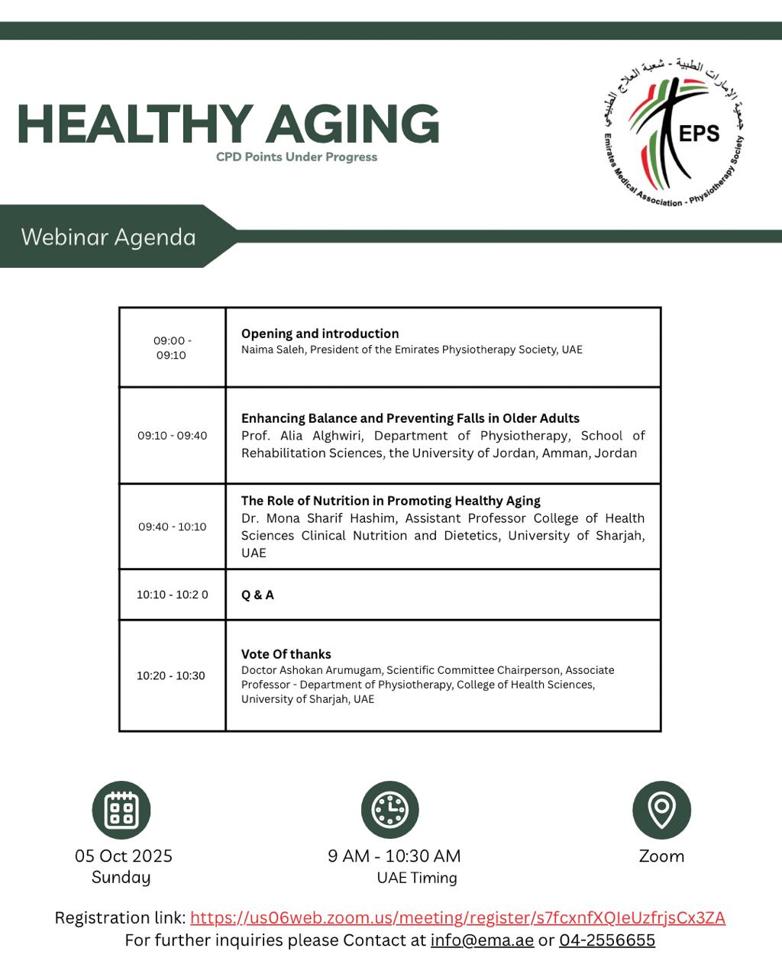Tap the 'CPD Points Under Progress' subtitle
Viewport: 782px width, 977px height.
point(296,157)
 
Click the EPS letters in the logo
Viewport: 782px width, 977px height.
point(699,134)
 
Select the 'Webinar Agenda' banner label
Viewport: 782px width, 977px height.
point(108,237)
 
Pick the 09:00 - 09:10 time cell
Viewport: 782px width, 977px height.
point(172,348)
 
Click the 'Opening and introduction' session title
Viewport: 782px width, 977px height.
point(320,334)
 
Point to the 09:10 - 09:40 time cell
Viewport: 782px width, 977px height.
point(172,436)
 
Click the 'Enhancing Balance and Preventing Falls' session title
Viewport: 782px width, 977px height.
point(410,418)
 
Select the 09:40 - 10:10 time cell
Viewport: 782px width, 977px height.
point(172,527)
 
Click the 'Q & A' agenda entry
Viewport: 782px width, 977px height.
point(257,595)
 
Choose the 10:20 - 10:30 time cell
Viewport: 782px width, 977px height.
point(171,676)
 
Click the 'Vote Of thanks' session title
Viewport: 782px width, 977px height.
point(286,654)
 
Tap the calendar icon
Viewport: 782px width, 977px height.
point(121,810)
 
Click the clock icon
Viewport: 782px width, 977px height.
point(390,810)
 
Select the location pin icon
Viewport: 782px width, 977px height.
point(661,809)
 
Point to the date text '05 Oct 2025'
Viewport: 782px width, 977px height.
point(124,856)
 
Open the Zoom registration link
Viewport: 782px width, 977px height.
point(457,917)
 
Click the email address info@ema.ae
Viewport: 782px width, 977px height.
point(482,940)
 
